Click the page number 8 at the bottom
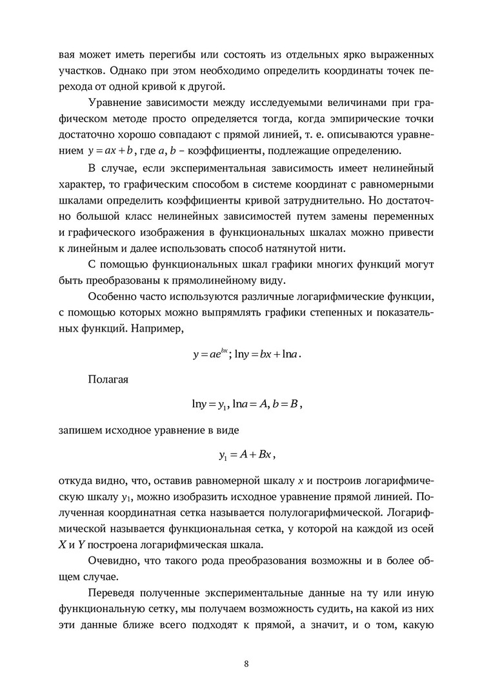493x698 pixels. pyautogui.click(x=246, y=664)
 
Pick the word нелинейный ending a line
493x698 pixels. pyautogui.click(x=405, y=169)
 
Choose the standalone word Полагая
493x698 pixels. pyautogui.click(x=108, y=379)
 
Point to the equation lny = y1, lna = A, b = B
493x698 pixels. pyautogui.click(x=246, y=405)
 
